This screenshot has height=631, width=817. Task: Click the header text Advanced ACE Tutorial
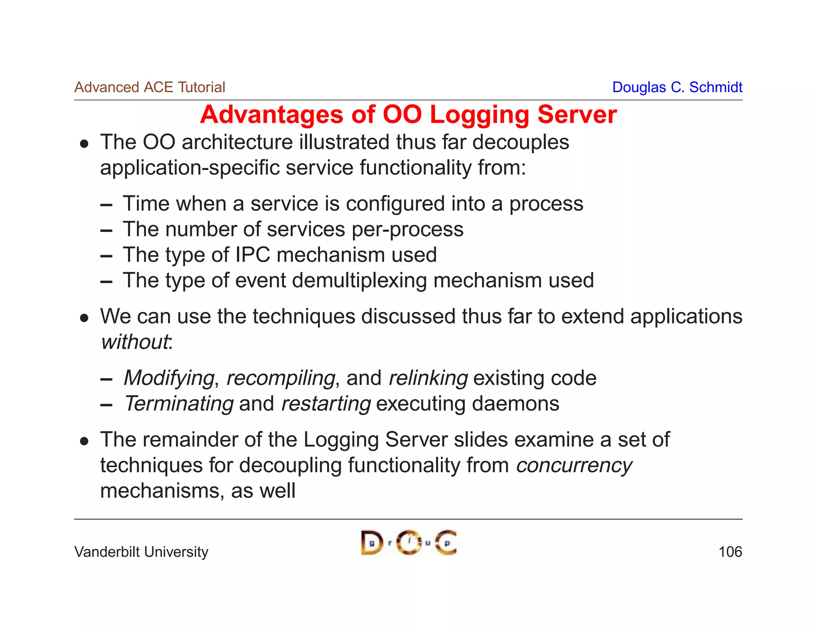150,87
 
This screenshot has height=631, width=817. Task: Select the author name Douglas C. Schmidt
677,87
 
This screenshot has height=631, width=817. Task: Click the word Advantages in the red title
272,115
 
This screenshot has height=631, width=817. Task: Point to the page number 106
730,552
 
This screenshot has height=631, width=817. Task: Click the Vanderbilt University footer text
141,552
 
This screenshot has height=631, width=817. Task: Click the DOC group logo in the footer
408,542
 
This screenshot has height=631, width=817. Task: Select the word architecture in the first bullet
237,142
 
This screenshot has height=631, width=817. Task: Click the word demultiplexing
359,280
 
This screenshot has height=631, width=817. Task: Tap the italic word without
135,342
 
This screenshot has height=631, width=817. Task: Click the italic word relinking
428,378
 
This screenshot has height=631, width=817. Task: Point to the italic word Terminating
179,403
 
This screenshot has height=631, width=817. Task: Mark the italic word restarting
326,403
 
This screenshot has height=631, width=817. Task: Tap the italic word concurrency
574,465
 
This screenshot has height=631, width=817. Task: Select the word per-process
407,229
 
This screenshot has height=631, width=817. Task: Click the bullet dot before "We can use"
84,318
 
